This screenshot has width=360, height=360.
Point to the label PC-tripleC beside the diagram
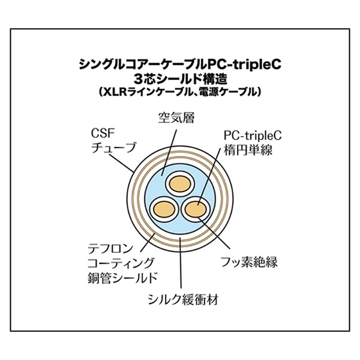pyautogui.click(x=249, y=136)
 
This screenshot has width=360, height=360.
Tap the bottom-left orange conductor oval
pyautogui.click(x=163, y=209)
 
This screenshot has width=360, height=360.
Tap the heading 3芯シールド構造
pyautogui.click(x=179, y=79)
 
